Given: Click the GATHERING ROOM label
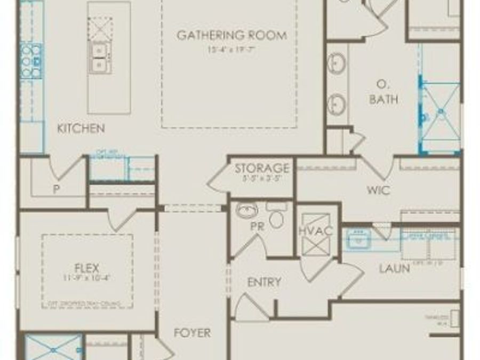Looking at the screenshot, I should [x=231, y=36].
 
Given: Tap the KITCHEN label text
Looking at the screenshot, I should [x=81, y=129].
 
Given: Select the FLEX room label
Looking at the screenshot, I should [x=87, y=267].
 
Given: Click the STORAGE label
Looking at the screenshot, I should [x=262, y=169].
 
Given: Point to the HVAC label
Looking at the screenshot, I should [x=315, y=231].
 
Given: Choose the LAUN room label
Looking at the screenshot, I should [x=394, y=268].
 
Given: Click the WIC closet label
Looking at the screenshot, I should [x=378, y=190].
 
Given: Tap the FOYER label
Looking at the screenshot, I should [x=192, y=333].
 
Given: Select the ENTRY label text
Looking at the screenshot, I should [x=264, y=283].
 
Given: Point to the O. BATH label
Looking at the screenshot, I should [x=383, y=92].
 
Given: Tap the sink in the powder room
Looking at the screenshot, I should [x=247, y=211].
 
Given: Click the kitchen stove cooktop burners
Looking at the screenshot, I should [x=30, y=55].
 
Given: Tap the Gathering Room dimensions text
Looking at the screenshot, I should [x=231, y=50].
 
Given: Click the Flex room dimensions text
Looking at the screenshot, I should [x=87, y=278].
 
